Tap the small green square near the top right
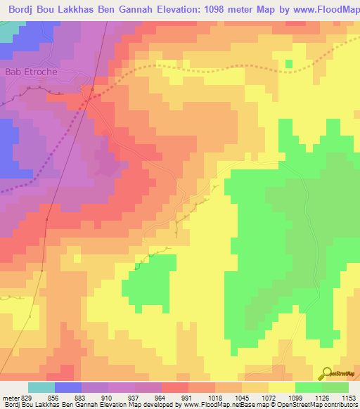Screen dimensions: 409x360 click(x=289, y=65)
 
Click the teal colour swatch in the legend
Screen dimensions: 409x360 click(x=41, y=387)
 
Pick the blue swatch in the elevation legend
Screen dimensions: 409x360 click(x=67, y=387)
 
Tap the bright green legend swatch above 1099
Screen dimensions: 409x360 click(x=308, y=387)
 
